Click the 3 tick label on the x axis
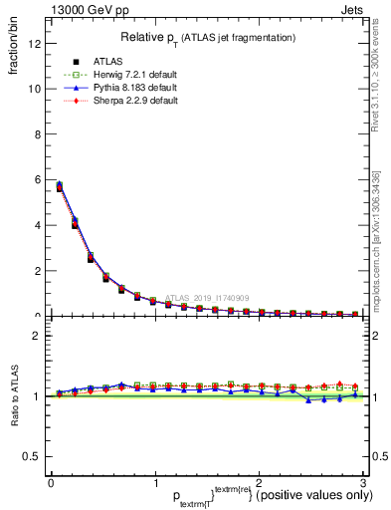point(363,483)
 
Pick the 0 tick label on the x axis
point(51,483)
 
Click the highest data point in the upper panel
point(60,185)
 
